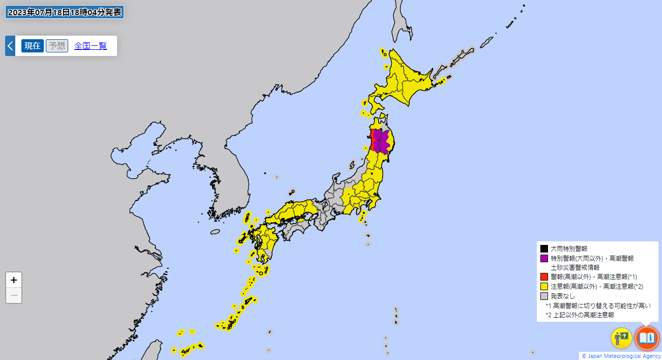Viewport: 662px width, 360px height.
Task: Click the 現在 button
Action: [33, 46]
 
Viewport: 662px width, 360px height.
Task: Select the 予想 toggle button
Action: [57, 46]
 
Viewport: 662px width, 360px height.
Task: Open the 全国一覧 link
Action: [91, 46]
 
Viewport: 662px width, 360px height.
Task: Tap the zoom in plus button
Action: [14, 280]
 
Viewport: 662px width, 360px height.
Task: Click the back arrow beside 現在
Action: [10, 46]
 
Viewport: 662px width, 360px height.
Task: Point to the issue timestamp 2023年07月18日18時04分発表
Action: [65, 12]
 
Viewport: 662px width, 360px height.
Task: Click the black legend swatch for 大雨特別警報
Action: [544, 249]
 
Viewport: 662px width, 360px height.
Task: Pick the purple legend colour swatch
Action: [544, 259]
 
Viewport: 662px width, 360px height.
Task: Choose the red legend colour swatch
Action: [544, 277]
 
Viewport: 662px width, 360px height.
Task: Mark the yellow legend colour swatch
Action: [544, 287]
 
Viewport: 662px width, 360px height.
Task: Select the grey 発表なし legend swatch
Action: [544, 296]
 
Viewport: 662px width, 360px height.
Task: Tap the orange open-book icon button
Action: [647, 338]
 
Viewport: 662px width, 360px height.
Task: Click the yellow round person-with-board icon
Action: [621, 338]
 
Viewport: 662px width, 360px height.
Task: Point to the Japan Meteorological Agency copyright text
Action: [621, 356]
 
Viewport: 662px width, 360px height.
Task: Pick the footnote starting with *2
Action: [580, 315]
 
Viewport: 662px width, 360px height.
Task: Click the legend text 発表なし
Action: [562, 296]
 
